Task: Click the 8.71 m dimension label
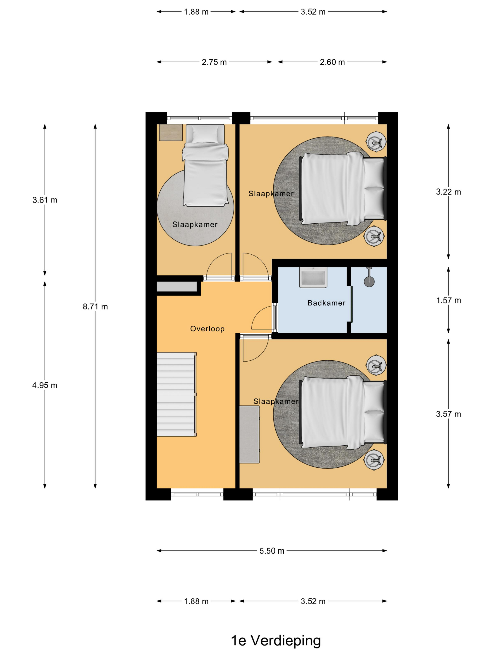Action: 95,306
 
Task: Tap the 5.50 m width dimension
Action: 272,551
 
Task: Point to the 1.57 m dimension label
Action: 448,300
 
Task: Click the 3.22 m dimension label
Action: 448,192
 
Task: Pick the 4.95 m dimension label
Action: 45,385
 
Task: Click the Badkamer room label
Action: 326,303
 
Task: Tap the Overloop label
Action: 207,329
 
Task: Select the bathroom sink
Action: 313,277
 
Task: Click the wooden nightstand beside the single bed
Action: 171,133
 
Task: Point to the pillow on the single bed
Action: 205,134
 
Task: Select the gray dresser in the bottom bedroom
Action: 249,434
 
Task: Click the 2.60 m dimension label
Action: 332,62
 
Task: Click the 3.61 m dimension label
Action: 45,200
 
